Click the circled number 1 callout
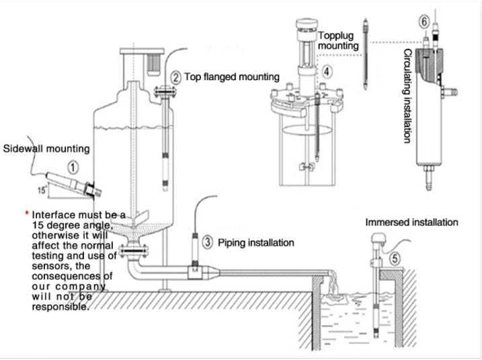(73, 168)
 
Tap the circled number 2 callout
(175, 77)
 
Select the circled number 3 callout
(208, 242)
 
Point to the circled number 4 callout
(327, 71)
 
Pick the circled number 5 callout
(395, 258)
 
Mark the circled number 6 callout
(424, 22)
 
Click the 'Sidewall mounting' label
(46, 149)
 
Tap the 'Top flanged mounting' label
(232, 77)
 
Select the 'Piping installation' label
(256, 243)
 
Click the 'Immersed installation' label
(411, 222)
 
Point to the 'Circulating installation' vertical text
(407, 96)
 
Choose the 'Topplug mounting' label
(338, 40)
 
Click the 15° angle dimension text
(42, 190)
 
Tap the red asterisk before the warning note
(27, 213)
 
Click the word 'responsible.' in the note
(61, 307)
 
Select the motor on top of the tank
(153, 65)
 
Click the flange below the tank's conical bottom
(134, 251)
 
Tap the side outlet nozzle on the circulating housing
(450, 92)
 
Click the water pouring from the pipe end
(333, 285)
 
